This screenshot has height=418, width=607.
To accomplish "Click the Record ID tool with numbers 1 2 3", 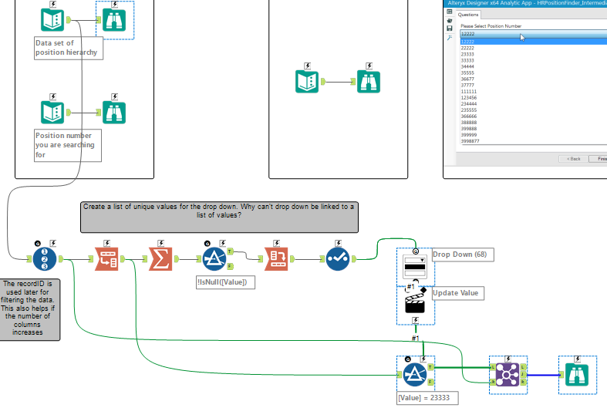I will coord(45,259).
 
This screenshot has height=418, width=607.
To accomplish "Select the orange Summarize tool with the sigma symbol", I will coord(160,259).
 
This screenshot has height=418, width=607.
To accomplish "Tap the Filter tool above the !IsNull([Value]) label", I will coord(213,259).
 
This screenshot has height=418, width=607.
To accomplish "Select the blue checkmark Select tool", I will coord(338,259).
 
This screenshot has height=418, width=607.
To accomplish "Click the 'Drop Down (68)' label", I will coord(459,255).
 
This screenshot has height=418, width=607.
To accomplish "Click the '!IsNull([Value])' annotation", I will coord(224,282).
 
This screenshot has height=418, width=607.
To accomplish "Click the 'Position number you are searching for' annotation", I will coord(67,145).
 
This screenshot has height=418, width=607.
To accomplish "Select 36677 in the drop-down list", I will coord(467,79).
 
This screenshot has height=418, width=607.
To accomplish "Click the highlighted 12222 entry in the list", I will coord(467,42).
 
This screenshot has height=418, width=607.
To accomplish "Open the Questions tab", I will coord(468,15).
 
